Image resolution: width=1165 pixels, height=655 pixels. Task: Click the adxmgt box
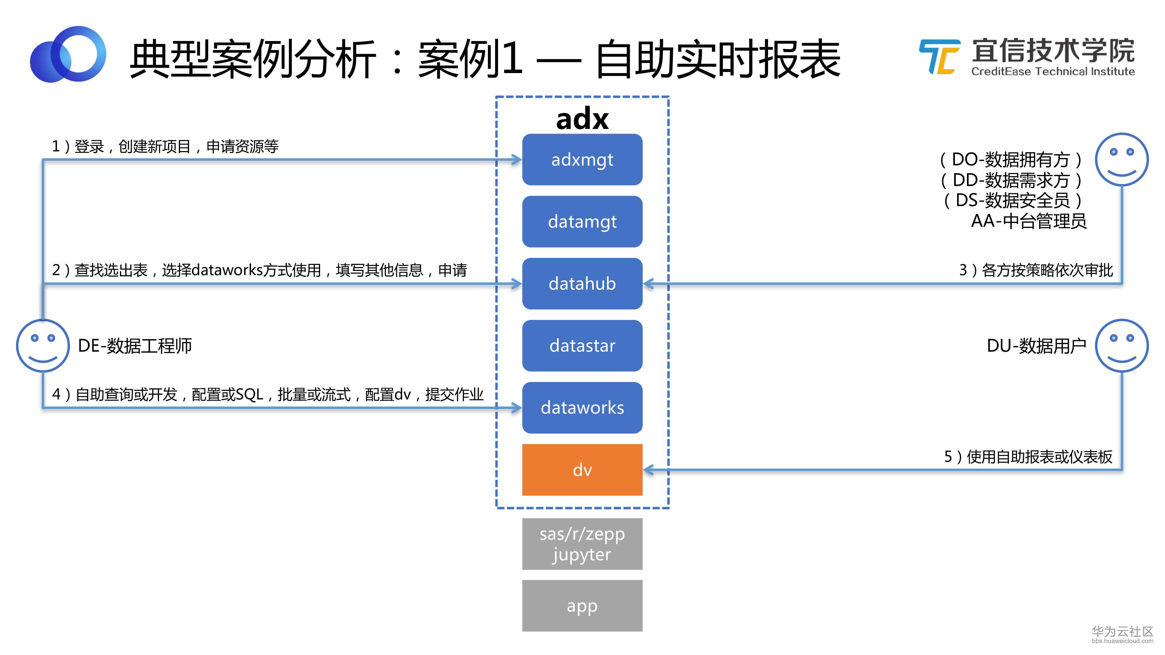pos(582,160)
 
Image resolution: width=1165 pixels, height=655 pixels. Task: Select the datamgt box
pos(582,222)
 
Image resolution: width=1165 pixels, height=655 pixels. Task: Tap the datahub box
pos(582,284)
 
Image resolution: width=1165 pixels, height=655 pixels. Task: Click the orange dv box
pos(582,470)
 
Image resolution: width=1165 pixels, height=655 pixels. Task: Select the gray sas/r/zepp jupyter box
pos(582,544)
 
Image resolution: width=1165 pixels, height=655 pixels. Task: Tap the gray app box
pos(582,606)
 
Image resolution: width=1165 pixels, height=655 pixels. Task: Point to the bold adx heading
pos(582,119)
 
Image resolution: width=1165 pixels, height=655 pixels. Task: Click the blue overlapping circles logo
pos(68,54)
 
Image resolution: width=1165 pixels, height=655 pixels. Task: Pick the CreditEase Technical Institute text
pos(1053,71)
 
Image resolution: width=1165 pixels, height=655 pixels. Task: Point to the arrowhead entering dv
pos(649,470)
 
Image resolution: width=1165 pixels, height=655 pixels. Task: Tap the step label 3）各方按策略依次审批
pos(1036,270)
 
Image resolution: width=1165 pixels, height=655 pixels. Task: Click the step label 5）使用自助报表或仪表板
pos(1028,456)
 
